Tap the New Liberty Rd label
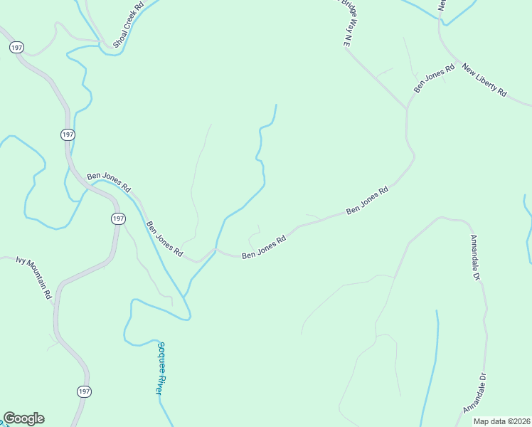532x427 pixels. [484, 80]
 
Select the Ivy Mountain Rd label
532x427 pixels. [34, 278]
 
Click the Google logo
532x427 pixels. [23, 418]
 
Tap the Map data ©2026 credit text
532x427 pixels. [501, 421]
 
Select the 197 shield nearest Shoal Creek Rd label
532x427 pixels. [17, 47]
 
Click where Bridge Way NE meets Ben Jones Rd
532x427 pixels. [407, 109]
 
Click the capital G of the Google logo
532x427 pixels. [9, 418]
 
